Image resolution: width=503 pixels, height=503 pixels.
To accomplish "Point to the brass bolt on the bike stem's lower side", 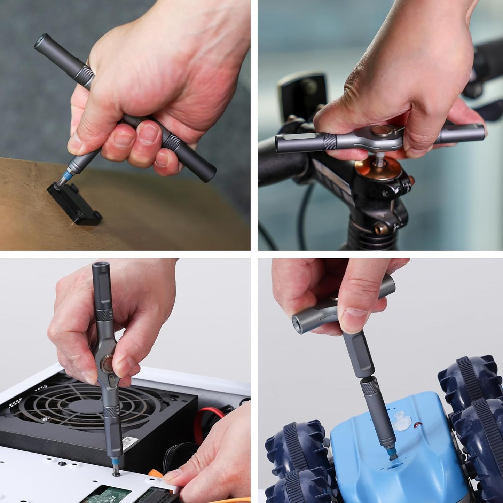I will [379, 229].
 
